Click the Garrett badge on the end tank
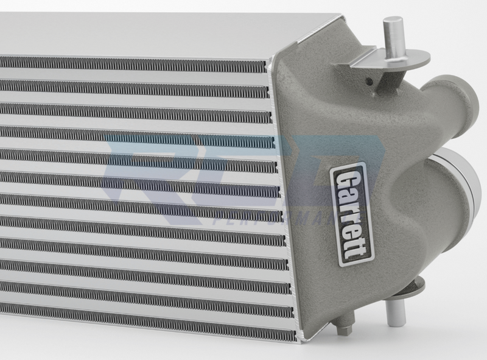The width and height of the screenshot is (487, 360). tap(352, 213)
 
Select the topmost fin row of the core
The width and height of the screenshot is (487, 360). tap(134, 63)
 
